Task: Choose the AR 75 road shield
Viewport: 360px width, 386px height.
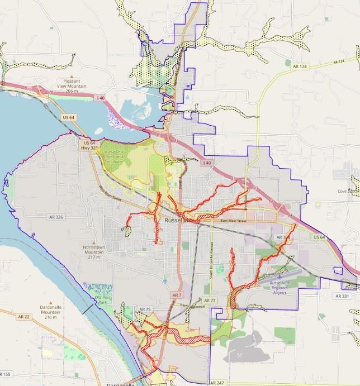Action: (x=145, y=309)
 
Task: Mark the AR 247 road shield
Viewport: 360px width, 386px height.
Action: (x=218, y=383)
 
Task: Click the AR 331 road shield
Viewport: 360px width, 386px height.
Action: (x=342, y=295)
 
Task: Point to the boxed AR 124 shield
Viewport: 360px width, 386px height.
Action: (x=300, y=66)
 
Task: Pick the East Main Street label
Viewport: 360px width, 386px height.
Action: (x=234, y=222)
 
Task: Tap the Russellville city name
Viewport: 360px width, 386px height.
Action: (x=177, y=221)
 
